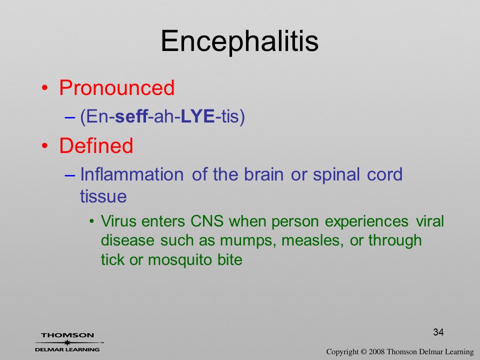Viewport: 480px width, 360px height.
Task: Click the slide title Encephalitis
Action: point(239,42)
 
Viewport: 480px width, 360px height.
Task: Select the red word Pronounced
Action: point(116,88)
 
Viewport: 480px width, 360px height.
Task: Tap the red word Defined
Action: point(96,145)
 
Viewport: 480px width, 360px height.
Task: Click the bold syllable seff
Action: point(131,116)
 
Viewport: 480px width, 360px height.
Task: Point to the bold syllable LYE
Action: point(198,116)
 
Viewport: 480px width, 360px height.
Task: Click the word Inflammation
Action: point(131,174)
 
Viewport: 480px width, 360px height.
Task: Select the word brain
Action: point(263,174)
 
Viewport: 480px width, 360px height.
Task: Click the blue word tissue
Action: point(103,196)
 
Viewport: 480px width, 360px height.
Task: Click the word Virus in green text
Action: point(118,221)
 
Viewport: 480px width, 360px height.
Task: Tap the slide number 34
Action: point(438,332)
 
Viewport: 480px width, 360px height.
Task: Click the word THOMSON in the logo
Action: point(67,335)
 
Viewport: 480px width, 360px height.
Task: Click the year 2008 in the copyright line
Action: point(376,351)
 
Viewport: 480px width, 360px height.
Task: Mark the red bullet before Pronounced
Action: point(44,88)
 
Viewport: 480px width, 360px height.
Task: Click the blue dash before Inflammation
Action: point(70,175)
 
